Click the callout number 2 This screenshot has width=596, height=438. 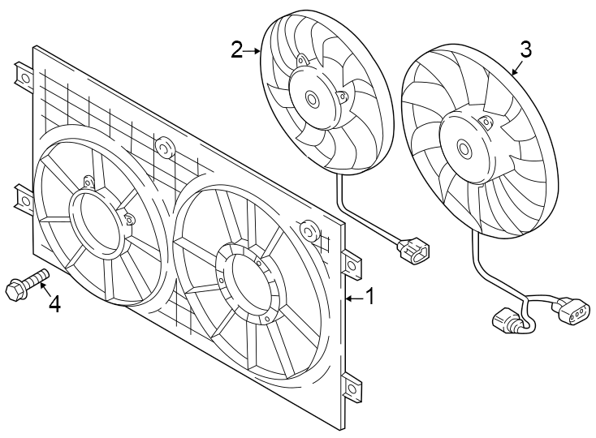tap(237, 50)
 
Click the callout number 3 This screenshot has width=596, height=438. tap(525, 49)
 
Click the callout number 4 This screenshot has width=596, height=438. tap(54, 304)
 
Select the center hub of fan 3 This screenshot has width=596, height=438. tap(464, 148)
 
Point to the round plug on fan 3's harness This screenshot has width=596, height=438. tap(507, 321)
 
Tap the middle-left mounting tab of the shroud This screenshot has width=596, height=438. tap(23, 198)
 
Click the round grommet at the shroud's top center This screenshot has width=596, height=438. tap(165, 148)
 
